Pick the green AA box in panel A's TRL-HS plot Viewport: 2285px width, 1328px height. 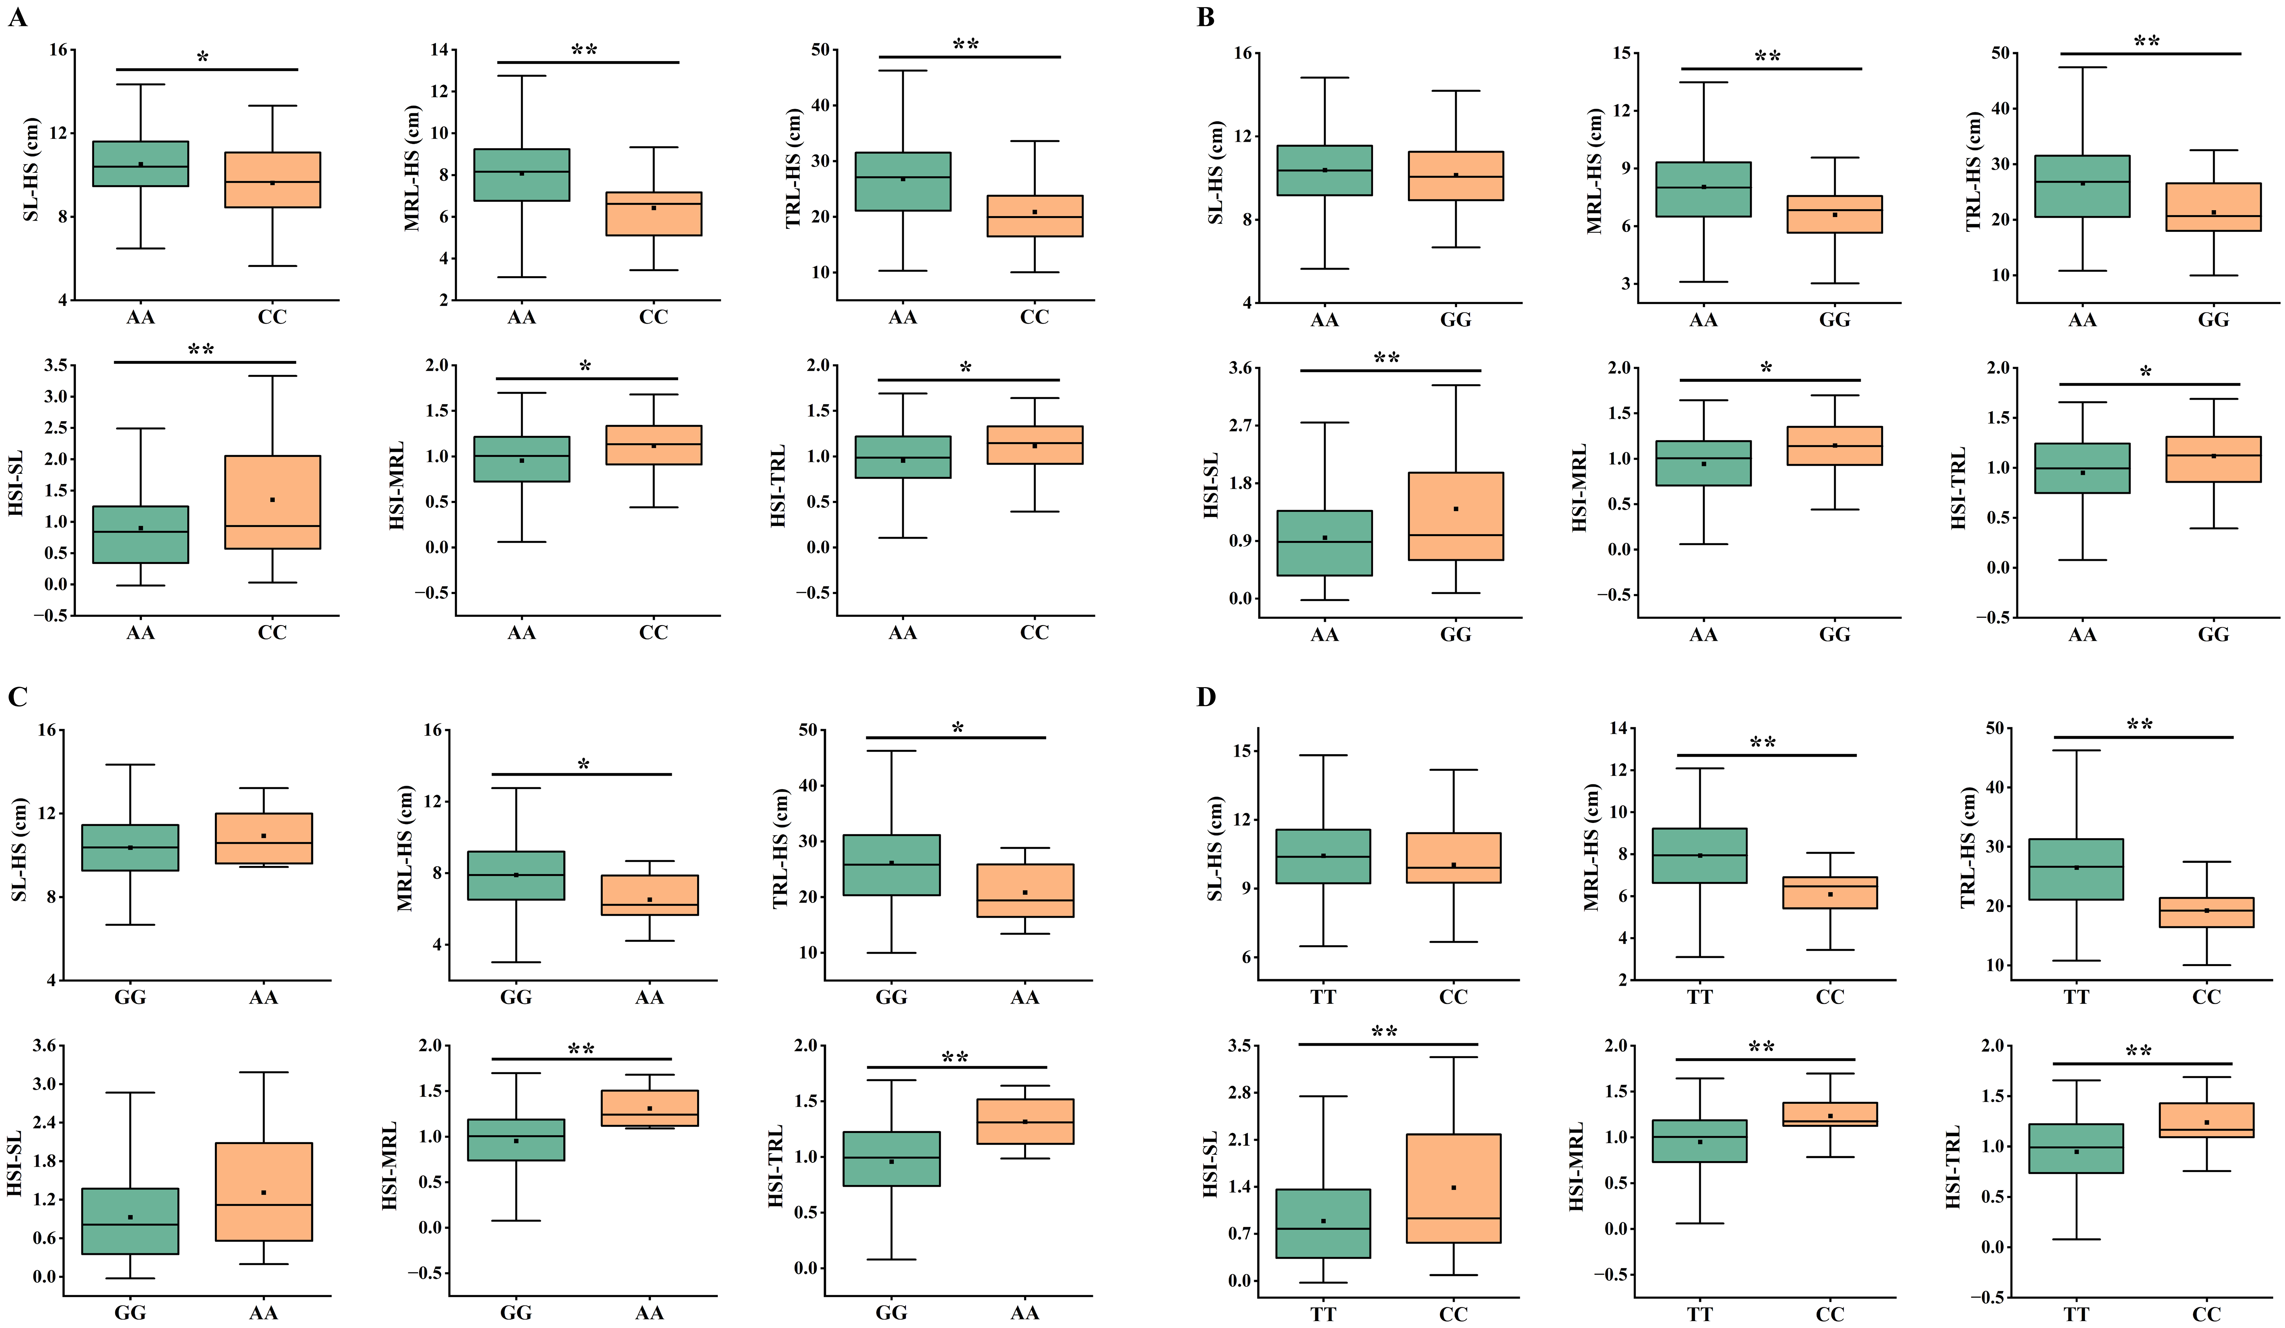click(x=903, y=181)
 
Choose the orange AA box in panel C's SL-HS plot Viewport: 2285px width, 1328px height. click(x=264, y=839)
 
